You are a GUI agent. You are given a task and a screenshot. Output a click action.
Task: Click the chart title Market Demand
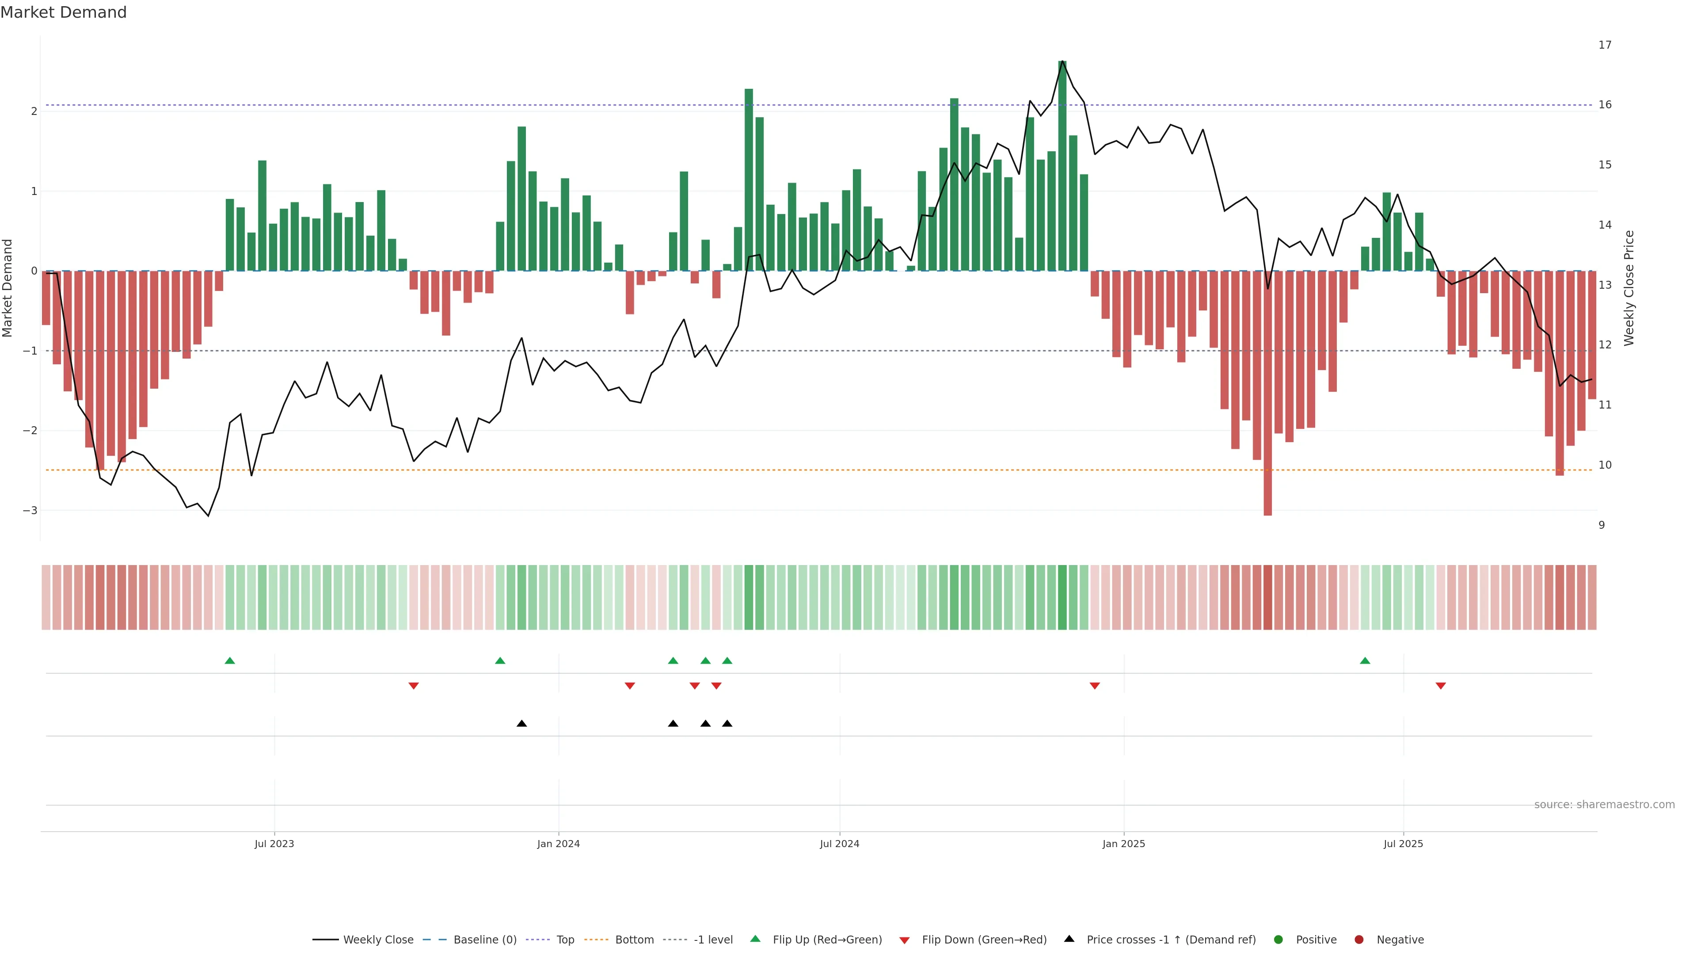(x=63, y=12)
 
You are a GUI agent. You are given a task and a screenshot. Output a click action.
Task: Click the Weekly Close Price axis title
(x=1629, y=288)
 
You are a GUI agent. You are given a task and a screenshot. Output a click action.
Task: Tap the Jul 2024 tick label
(x=839, y=844)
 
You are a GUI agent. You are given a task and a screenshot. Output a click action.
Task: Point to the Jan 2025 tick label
(x=1123, y=844)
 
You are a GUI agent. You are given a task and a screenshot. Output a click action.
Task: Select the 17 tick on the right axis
(x=1605, y=45)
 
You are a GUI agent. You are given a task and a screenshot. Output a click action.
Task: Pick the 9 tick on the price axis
(x=1602, y=525)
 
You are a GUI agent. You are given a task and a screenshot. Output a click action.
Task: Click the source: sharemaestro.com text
(x=1604, y=805)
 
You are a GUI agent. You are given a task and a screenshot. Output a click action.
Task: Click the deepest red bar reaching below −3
(x=1267, y=395)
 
